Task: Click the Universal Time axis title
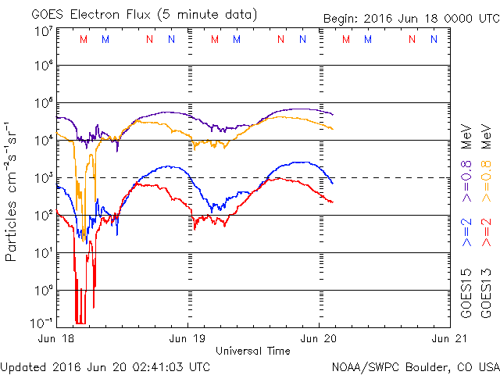click(x=253, y=351)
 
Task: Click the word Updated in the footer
click(x=23, y=366)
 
